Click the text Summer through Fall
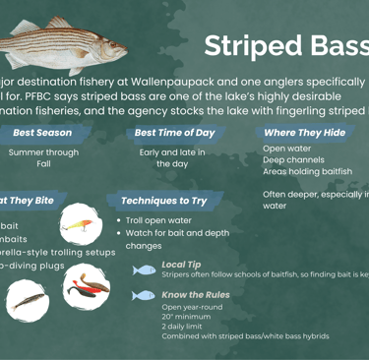[x=43, y=158]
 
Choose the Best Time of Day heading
[x=174, y=132]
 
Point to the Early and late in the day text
[x=172, y=158]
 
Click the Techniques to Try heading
[x=164, y=200]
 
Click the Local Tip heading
[x=181, y=265]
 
